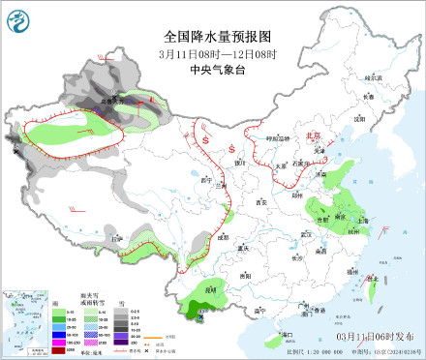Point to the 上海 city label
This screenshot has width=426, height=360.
(x=362, y=220)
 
